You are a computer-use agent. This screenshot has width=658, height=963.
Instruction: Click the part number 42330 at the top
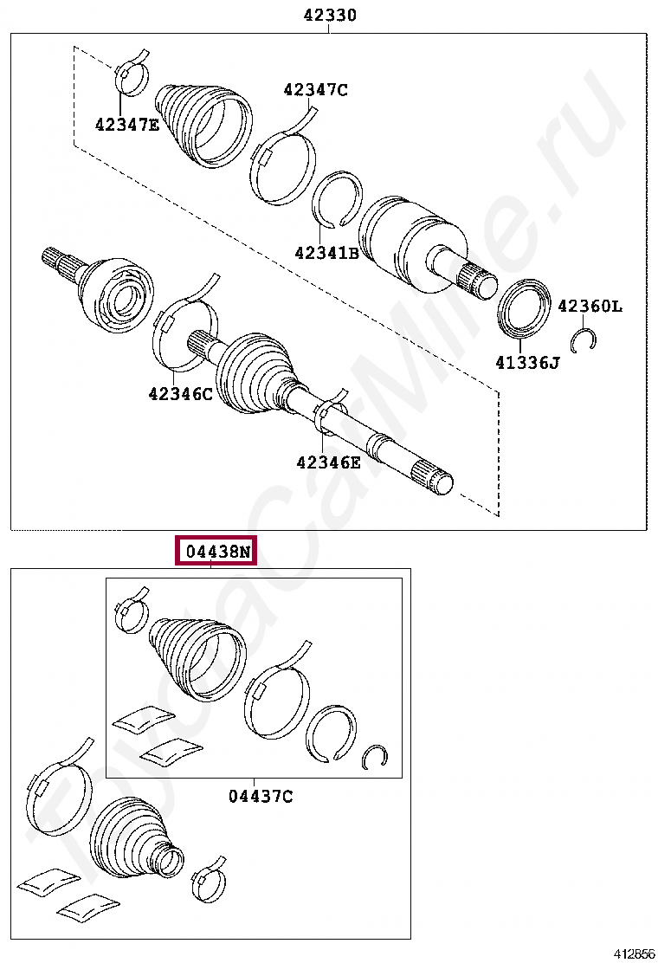[x=330, y=15]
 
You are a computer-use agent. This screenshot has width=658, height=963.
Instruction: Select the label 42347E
[x=127, y=125]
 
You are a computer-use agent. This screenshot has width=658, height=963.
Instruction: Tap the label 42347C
[x=315, y=89]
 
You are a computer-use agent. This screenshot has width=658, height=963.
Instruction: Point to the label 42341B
[x=326, y=253]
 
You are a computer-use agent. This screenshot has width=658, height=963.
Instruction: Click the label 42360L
[x=589, y=306]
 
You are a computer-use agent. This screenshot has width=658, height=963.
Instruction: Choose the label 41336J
[x=527, y=363]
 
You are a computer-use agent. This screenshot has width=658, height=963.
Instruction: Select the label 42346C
[x=180, y=393]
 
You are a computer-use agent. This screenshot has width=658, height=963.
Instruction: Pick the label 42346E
[x=328, y=462]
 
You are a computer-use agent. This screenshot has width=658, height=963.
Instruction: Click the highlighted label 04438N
[x=216, y=551]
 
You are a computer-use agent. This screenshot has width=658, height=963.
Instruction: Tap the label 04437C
[x=261, y=795]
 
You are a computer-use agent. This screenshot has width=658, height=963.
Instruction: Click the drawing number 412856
[x=634, y=953]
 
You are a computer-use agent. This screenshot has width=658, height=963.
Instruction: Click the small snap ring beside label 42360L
[x=584, y=339]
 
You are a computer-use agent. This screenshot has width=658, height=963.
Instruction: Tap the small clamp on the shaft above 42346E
[x=332, y=411]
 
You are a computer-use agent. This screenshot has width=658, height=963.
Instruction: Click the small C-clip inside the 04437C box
[x=375, y=755]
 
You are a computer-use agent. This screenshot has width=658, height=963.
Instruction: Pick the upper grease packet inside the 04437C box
[x=143, y=718]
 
